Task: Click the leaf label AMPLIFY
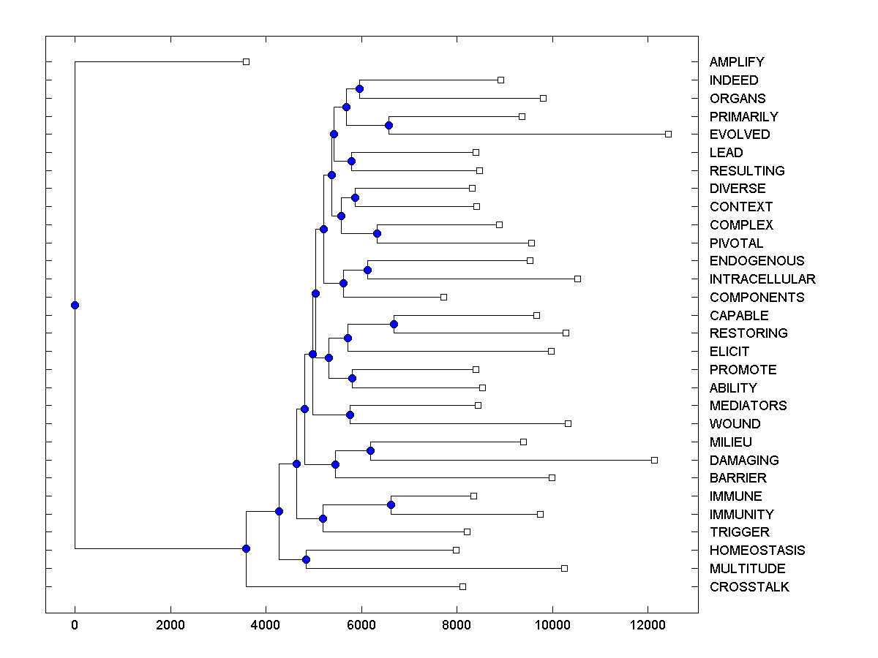(x=737, y=62)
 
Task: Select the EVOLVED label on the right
(x=740, y=135)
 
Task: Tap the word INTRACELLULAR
(x=762, y=279)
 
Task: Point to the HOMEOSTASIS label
(x=757, y=551)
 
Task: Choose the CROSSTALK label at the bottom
(x=749, y=587)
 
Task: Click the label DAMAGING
(x=744, y=461)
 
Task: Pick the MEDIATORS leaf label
(x=748, y=406)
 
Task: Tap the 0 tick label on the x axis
(x=75, y=625)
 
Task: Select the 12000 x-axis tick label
(x=648, y=625)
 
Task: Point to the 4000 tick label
(x=266, y=625)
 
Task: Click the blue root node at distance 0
(x=75, y=306)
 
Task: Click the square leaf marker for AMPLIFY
(x=246, y=61)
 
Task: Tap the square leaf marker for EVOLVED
(x=668, y=134)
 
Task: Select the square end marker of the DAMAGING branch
(x=654, y=460)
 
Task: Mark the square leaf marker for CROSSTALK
(x=462, y=586)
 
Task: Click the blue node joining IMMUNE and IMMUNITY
(x=391, y=505)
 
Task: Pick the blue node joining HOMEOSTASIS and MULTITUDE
(x=306, y=559)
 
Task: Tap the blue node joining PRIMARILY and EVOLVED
(x=389, y=125)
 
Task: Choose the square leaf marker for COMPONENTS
(x=443, y=297)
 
